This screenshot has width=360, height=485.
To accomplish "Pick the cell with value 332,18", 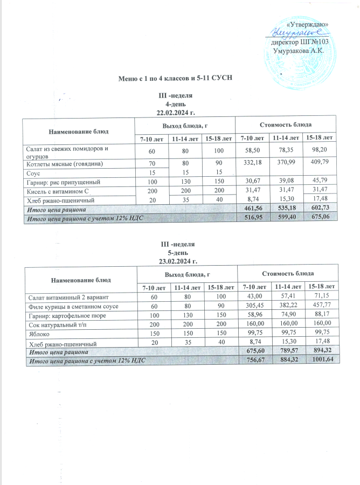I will (253, 163).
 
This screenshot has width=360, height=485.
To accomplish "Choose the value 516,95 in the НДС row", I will (253, 217).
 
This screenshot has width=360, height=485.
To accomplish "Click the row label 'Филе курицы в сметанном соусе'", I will (70, 306).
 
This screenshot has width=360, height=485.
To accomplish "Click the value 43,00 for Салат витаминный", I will (253, 297).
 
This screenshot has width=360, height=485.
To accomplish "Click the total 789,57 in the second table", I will (287, 351).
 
